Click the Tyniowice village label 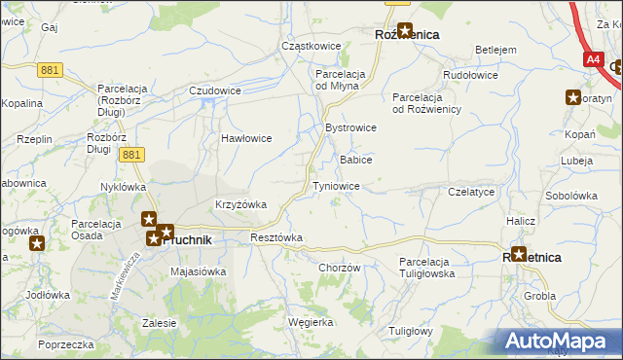coord(336,185)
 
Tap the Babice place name coord(355,159)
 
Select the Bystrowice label coord(350,127)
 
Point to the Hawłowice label coord(245,138)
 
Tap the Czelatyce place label coord(472,193)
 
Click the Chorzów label coord(340,268)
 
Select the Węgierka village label coord(311,321)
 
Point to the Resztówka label coord(276,237)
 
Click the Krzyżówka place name coord(240,204)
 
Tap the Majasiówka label coord(198,271)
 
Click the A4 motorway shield coord(594,59)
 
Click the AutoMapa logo coord(559,341)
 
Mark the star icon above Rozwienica coord(404,30)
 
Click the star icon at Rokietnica coord(518,255)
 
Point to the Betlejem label coord(495,50)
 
